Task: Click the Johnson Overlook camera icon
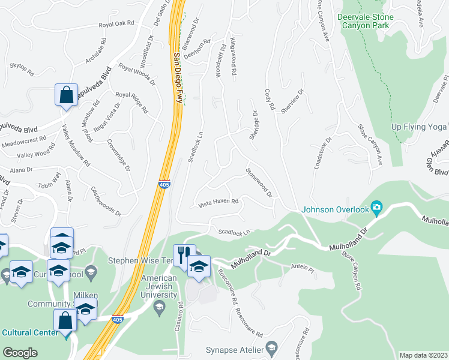click(376, 208)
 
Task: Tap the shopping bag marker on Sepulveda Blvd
click(66, 95)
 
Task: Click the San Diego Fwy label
click(177, 78)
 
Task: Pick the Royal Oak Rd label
click(116, 25)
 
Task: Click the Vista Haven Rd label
click(219, 203)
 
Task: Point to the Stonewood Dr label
click(259, 182)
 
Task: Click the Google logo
click(20, 353)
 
